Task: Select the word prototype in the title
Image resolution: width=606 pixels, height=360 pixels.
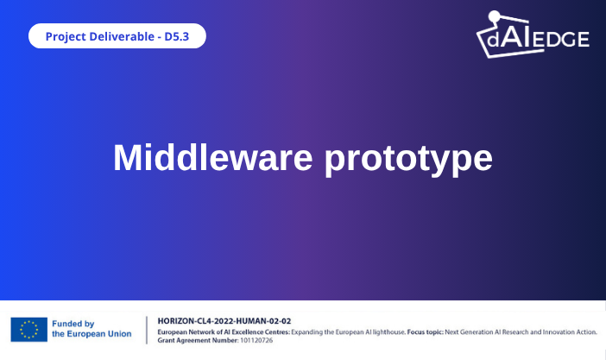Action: point(408,160)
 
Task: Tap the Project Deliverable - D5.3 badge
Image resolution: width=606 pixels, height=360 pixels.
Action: point(117,36)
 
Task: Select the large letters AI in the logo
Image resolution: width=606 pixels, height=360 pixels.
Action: point(528,36)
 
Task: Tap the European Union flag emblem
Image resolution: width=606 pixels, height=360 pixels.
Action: point(28,329)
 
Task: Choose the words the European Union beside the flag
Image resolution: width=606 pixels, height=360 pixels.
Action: point(92,334)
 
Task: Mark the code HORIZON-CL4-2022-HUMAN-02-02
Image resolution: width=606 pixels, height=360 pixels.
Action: point(224,320)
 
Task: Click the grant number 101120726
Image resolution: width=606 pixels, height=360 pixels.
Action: point(256,340)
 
